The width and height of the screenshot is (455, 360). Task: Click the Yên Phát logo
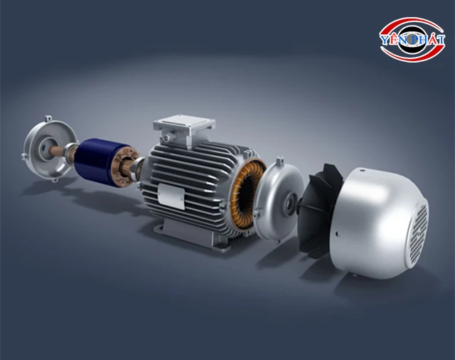point(412,39)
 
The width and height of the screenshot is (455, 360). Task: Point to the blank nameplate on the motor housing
point(171,196)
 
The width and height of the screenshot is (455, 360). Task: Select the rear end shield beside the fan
point(276,200)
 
